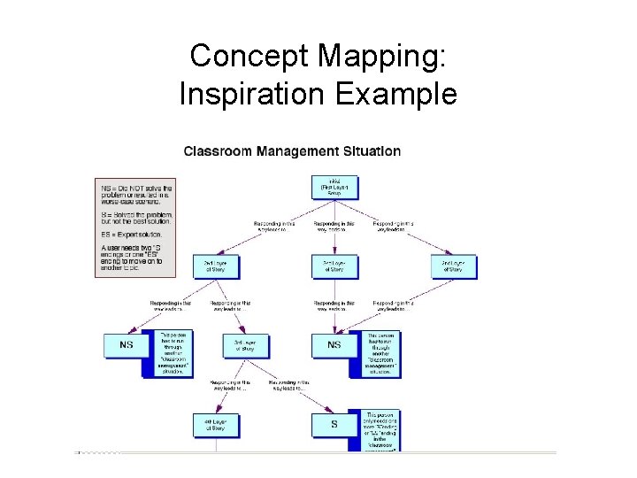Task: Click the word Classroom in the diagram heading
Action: [218, 151]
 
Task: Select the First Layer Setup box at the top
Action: [334, 187]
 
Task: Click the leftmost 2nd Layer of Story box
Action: [216, 266]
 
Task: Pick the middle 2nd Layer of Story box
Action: [334, 266]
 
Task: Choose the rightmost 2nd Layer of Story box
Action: [454, 266]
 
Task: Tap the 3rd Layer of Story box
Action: [246, 346]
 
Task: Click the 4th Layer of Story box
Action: [216, 425]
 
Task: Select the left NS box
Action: [127, 345]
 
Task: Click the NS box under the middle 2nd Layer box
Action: [334, 345]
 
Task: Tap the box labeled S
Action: [334, 425]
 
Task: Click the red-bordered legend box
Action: [135, 228]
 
